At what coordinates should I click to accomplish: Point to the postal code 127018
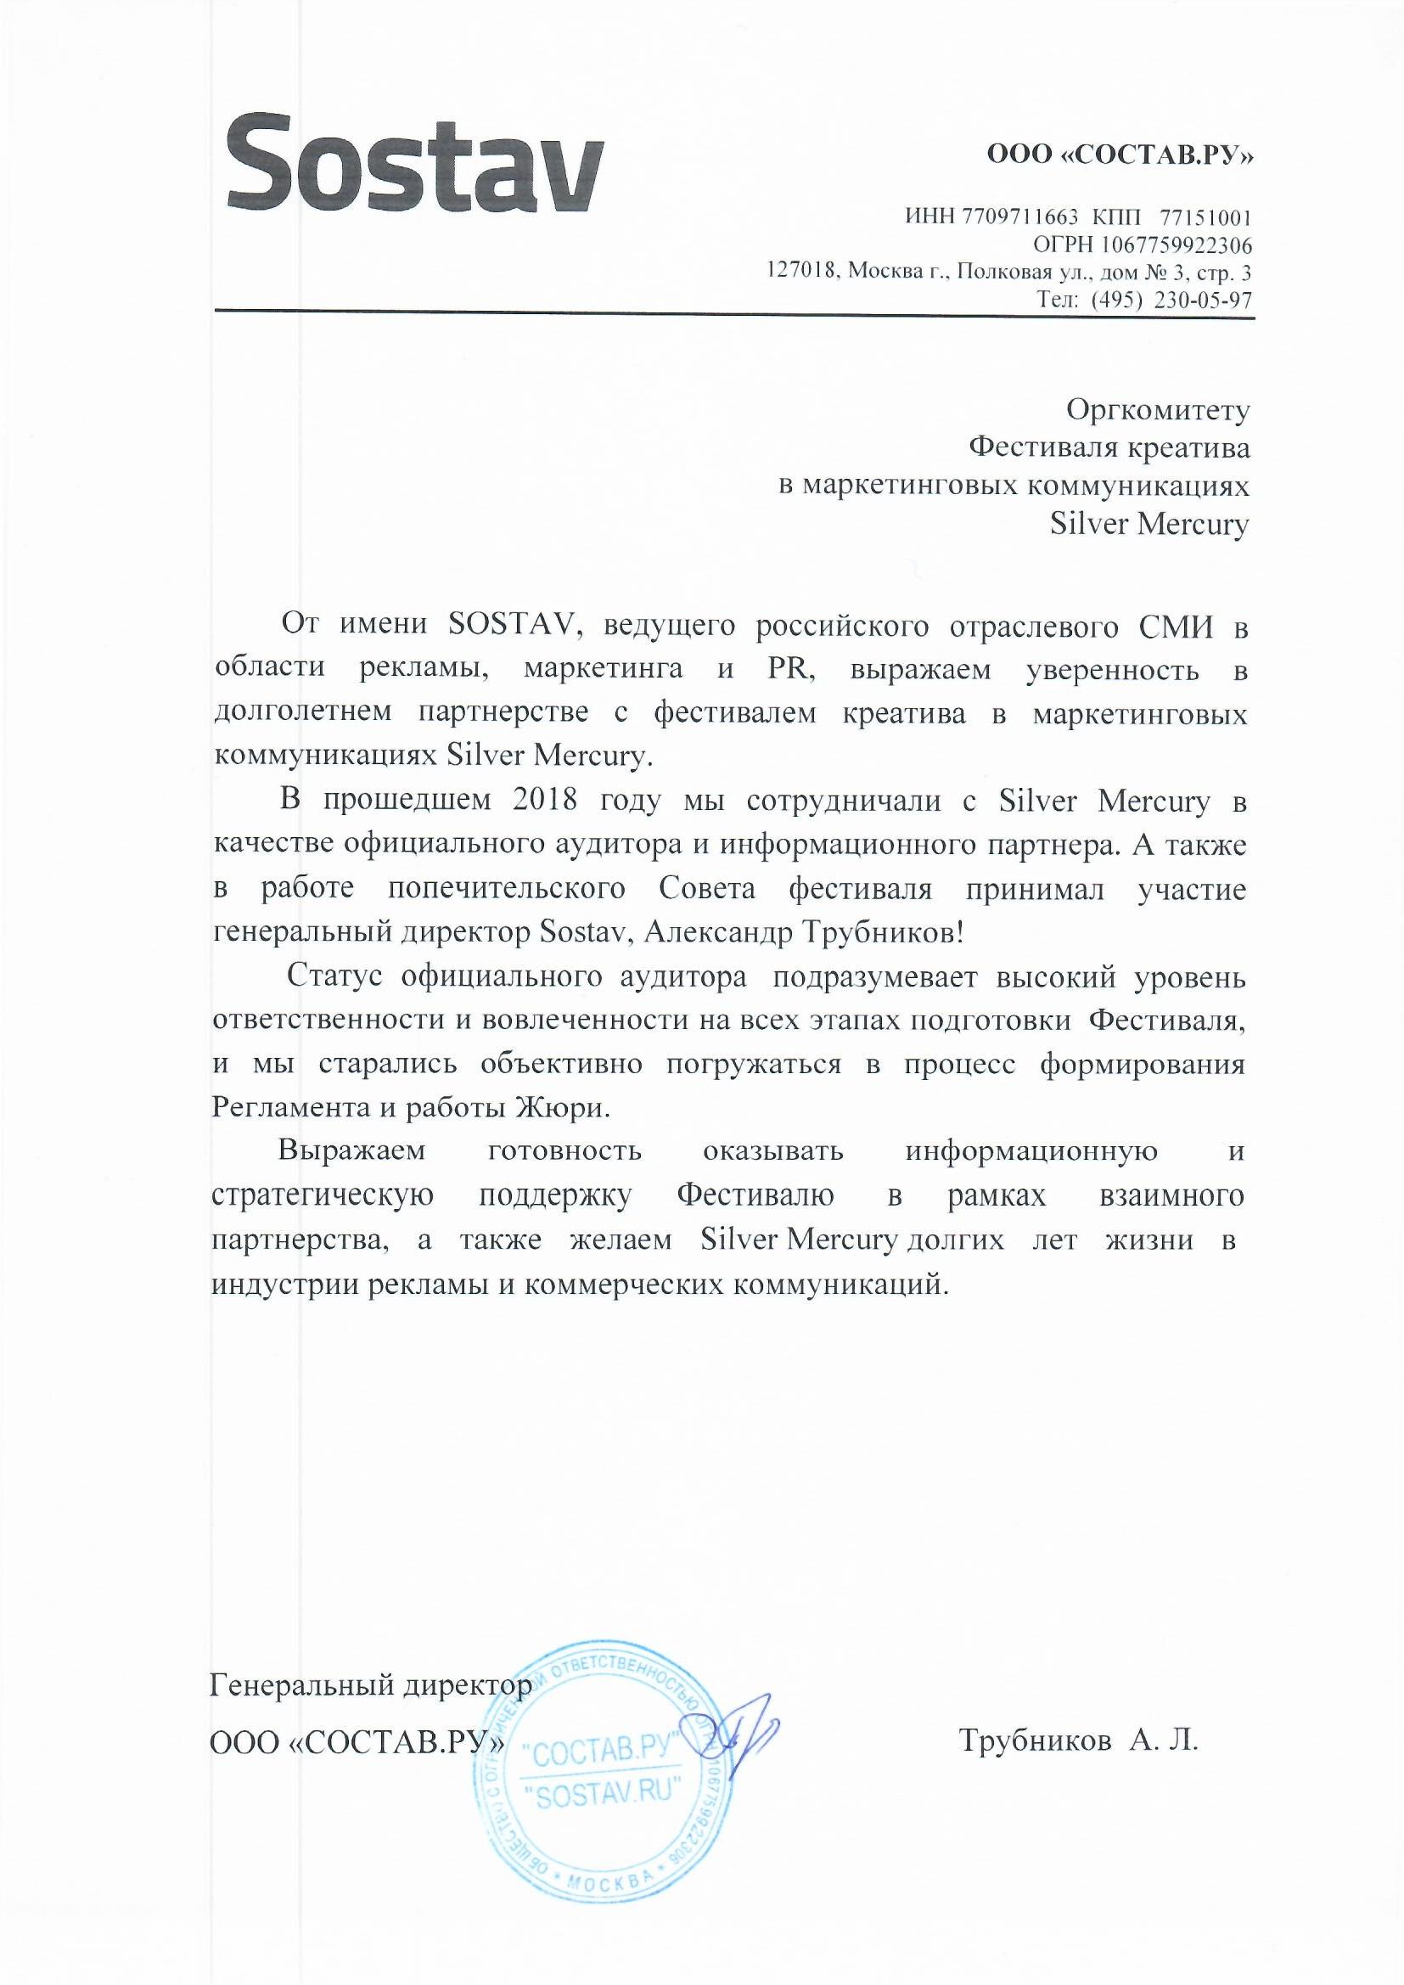[802, 273]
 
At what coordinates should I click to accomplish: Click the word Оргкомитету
[1158, 409]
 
